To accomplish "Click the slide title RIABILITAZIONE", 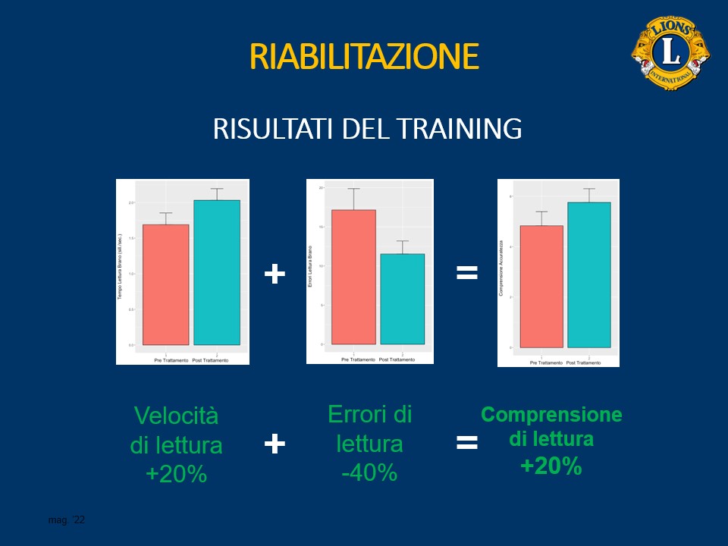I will (x=364, y=57).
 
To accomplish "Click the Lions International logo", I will (x=670, y=52).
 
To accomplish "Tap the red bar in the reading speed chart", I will (x=165, y=284).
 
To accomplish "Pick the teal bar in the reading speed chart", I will (x=216, y=273).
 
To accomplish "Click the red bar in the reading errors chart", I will (x=353, y=277).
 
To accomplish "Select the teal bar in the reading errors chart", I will (x=403, y=299).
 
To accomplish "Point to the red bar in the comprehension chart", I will (x=541, y=286).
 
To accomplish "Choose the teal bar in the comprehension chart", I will (x=588, y=275).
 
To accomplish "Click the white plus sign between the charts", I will (x=275, y=274).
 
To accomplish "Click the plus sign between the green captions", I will (x=275, y=444).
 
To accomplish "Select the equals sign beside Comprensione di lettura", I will (x=467, y=443).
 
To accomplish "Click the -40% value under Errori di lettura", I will (x=369, y=472).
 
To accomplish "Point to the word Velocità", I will (x=176, y=416).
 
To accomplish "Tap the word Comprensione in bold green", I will (x=551, y=415).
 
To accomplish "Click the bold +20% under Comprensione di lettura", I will (x=551, y=466).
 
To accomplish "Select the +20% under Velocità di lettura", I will (x=176, y=474).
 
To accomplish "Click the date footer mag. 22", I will (x=67, y=520).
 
